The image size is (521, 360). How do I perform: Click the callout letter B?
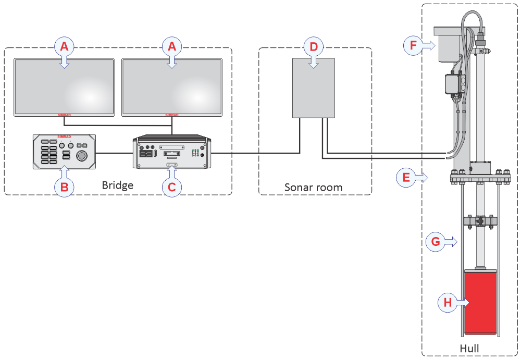[x=64, y=187]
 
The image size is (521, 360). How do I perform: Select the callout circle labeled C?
[x=172, y=187]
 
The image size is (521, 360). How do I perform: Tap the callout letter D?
[x=313, y=46]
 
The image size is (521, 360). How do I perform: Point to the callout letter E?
[x=405, y=177]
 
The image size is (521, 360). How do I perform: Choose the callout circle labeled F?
[x=413, y=45]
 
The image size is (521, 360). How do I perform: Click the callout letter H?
[x=447, y=302]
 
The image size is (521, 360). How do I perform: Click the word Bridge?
[x=118, y=185]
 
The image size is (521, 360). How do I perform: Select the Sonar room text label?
[x=314, y=187]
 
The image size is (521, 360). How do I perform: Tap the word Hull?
[x=469, y=348]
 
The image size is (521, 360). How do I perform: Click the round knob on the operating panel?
[x=82, y=156]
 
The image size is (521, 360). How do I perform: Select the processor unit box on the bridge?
[x=172, y=152]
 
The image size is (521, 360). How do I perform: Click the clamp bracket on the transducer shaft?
[x=480, y=221]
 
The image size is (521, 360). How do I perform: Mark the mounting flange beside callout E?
[x=479, y=178]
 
